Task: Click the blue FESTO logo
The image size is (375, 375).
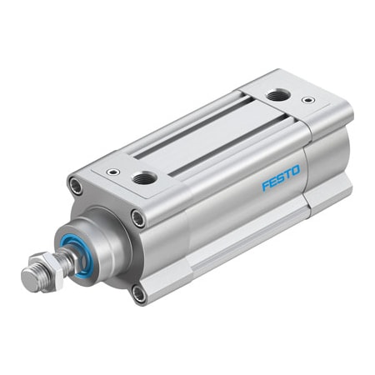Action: click(x=280, y=177)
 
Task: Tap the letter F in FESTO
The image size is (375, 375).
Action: click(x=265, y=185)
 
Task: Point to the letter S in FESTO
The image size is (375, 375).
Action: click(x=280, y=177)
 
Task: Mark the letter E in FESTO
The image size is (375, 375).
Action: click(x=272, y=181)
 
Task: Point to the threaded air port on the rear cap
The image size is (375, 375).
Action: click(x=276, y=95)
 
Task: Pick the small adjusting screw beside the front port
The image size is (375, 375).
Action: click(x=110, y=172)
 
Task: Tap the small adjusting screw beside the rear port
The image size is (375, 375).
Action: click(x=308, y=100)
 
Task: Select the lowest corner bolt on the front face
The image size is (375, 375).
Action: click(x=139, y=293)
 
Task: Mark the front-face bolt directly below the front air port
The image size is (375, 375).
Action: click(x=138, y=219)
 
